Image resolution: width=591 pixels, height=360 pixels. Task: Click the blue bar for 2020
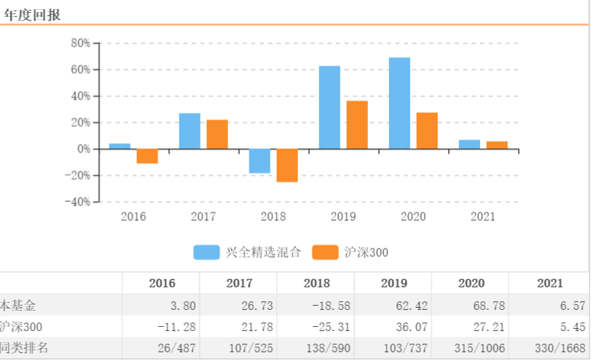click(x=399, y=103)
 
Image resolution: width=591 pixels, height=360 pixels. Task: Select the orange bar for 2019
click(x=357, y=125)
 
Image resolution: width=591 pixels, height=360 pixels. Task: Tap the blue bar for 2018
click(x=259, y=161)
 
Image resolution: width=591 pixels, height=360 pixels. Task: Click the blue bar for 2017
click(x=189, y=131)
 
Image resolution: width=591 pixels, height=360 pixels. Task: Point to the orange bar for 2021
click(x=497, y=145)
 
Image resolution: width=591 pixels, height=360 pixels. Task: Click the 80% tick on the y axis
click(x=80, y=43)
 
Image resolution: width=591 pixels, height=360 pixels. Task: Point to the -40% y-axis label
click(x=77, y=202)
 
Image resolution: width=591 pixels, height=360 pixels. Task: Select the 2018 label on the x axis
click(x=273, y=217)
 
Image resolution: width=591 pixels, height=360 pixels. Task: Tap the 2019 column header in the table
click(x=394, y=284)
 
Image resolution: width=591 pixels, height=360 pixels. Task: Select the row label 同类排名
click(x=24, y=347)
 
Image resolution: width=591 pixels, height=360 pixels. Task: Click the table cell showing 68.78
click(x=471, y=306)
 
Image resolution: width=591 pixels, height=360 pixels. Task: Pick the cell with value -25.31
click(x=316, y=327)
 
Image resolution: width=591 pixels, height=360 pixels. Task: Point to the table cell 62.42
click(x=394, y=306)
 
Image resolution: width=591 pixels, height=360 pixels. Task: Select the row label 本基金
click(x=18, y=306)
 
